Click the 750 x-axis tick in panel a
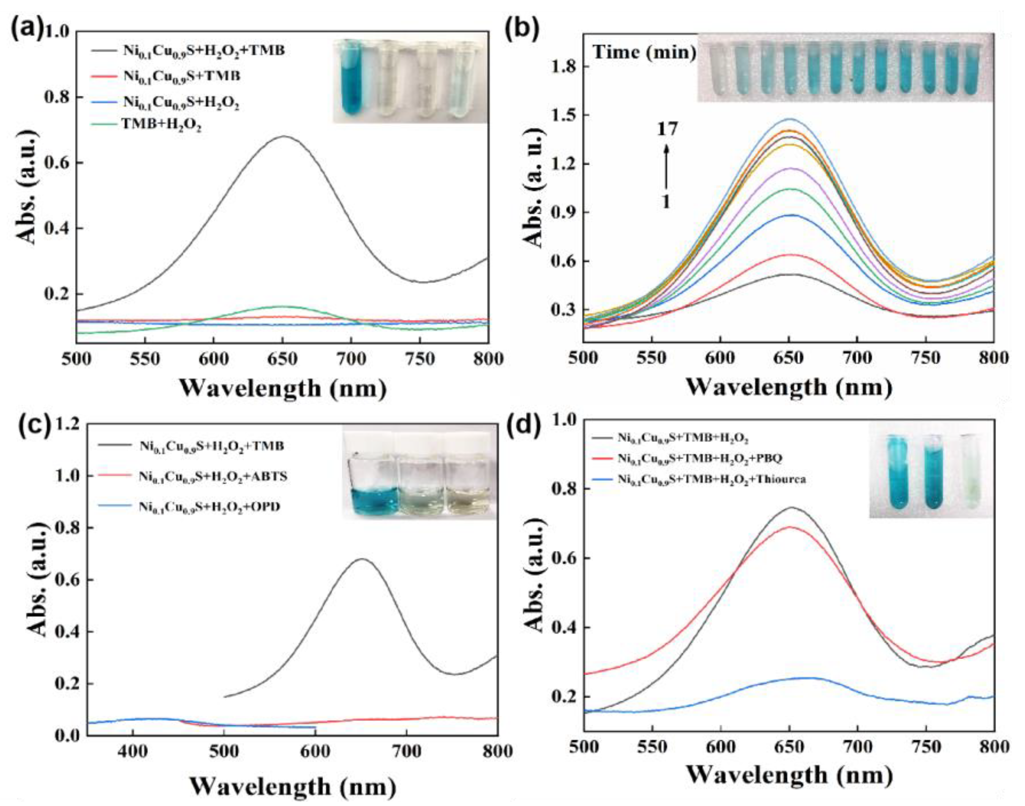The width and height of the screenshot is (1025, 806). tap(420, 358)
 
